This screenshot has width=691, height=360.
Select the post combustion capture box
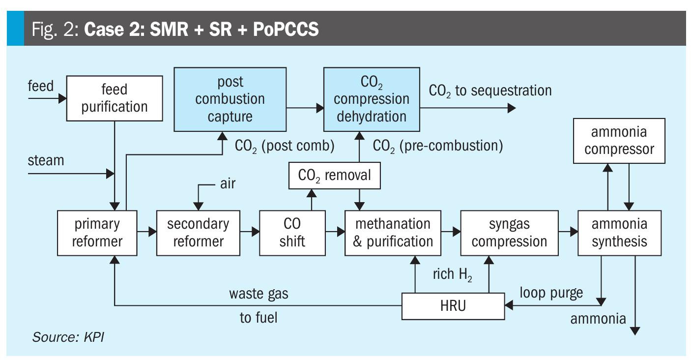tap(230, 99)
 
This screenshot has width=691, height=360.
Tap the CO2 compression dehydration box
tap(371, 99)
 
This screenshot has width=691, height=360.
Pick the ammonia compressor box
tap(619, 141)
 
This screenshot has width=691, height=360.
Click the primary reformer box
tap(97, 233)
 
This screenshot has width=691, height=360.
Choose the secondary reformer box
tap(198, 233)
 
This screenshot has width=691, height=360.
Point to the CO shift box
tap(292, 233)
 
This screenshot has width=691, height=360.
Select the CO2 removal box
tap(334, 176)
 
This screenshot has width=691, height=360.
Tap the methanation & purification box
tap(392, 233)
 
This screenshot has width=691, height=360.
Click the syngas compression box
tap(509, 233)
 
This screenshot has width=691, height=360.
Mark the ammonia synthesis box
tap(619, 233)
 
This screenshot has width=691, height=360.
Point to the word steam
tap(46, 160)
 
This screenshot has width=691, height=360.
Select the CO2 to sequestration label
tap(490, 90)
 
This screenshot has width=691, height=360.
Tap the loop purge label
tap(551, 293)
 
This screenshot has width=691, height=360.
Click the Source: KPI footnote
tap(68, 337)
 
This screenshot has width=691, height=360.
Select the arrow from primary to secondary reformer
tap(146, 231)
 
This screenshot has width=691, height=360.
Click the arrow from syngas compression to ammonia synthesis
tap(568, 231)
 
